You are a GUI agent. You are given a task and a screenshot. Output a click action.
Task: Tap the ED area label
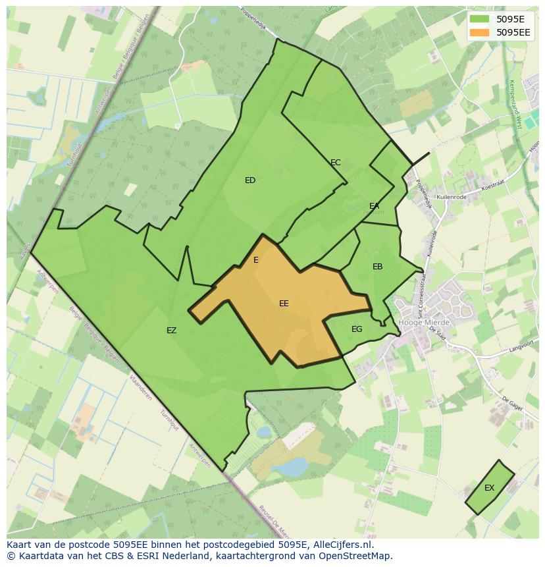[x=250, y=180]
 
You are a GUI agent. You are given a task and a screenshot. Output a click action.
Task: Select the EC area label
[x=336, y=163]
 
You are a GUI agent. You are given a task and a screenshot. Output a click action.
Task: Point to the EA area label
[x=375, y=206]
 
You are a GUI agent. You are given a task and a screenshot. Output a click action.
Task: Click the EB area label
[x=378, y=267]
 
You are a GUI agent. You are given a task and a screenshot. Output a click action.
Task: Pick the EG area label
[x=357, y=329]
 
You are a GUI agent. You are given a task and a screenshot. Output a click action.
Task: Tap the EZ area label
[x=171, y=331]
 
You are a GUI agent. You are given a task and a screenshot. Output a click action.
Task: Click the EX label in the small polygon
[x=489, y=488]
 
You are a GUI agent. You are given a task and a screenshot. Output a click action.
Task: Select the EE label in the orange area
[x=284, y=304]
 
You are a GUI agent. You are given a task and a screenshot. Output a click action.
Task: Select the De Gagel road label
[x=512, y=403]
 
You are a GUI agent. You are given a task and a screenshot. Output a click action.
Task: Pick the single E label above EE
[x=256, y=260]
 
